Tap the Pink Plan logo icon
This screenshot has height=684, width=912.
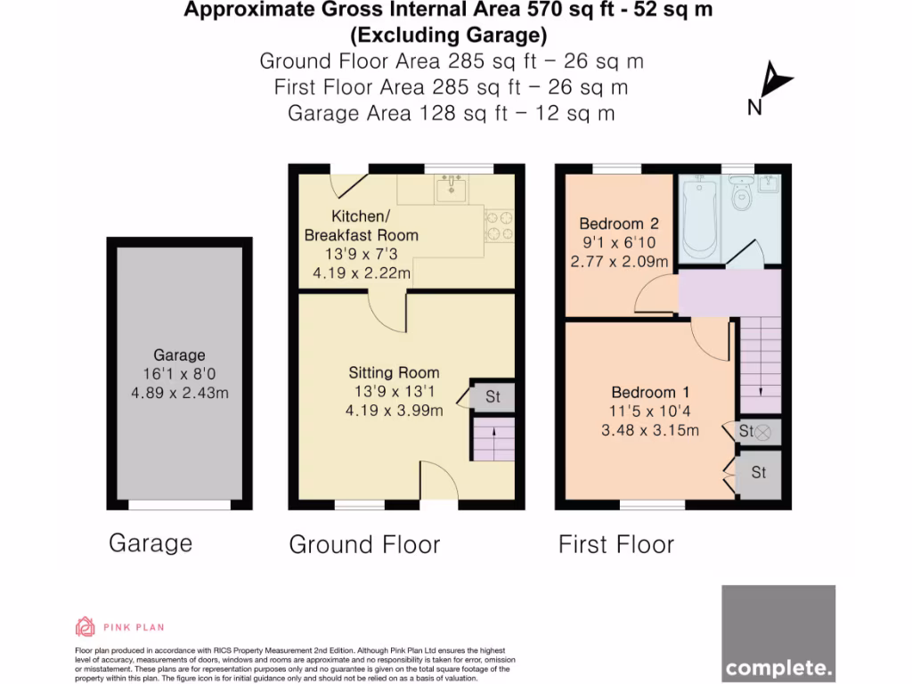[x=85, y=626]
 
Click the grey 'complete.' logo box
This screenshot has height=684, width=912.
[x=778, y=632]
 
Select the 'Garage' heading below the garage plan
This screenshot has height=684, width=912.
[x=151, y=542]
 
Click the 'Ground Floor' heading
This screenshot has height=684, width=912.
[x=364, y=544]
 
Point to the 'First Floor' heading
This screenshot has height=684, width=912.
[x=616, y=544]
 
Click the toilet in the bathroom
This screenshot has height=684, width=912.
[x=737, y=194]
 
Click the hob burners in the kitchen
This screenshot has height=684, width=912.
[x=498, y=225]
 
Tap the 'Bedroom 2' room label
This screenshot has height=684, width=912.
[x=619, y=224]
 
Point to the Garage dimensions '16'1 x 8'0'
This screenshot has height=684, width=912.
[x=179, y=374]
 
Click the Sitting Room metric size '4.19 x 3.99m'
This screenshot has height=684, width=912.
[x=395, y=411]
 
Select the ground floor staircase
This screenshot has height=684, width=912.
[x=493, y=441]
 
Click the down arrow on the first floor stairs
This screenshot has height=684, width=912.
[x=760, y=390]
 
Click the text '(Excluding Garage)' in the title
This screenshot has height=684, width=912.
[x=448, y=36]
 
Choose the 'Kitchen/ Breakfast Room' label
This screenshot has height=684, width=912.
[x=362, y=226]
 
